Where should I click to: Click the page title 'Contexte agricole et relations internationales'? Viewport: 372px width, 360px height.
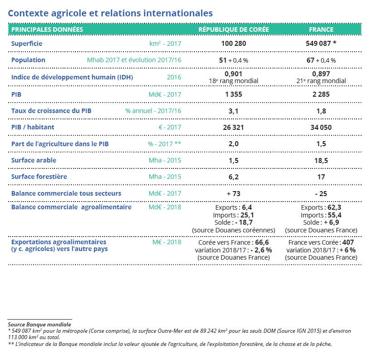point(110,13)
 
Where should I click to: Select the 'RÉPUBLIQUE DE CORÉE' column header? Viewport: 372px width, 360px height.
point(233,30)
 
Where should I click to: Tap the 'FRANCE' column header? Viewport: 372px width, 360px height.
point(321,30)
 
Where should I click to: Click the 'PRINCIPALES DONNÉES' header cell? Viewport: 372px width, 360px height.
point(47,30)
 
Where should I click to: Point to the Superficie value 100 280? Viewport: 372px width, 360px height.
point(233,44)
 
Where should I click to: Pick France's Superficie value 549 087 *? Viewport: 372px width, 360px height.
point(321,44)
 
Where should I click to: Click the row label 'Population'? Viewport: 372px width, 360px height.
point(28,60)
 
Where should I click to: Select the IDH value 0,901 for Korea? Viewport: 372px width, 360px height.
point(233,74)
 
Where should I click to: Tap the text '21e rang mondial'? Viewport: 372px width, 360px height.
point(321,81)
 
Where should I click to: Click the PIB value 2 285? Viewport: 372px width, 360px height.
point(321,94)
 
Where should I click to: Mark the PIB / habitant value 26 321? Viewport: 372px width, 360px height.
point(233,128)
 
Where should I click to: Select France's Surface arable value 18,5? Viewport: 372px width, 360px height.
point(321,160)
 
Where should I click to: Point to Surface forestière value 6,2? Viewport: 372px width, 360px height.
point(233,177)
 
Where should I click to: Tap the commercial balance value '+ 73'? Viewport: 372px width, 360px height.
point(233,193)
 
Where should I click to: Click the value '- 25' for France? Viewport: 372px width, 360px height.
point(321,193)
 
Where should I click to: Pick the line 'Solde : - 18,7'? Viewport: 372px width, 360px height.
point(233,223)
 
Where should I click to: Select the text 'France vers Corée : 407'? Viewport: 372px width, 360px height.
point(321,242)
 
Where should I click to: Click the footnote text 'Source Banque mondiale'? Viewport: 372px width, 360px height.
point(40,325)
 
